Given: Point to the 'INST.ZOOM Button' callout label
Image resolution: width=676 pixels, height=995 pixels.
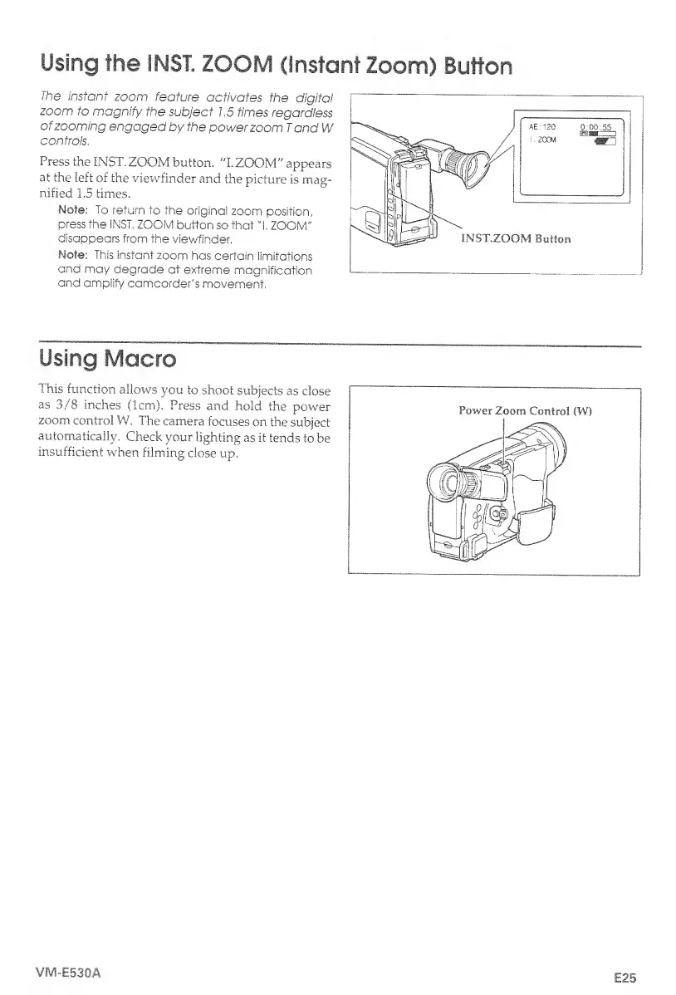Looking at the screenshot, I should click(x=516, y=239).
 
